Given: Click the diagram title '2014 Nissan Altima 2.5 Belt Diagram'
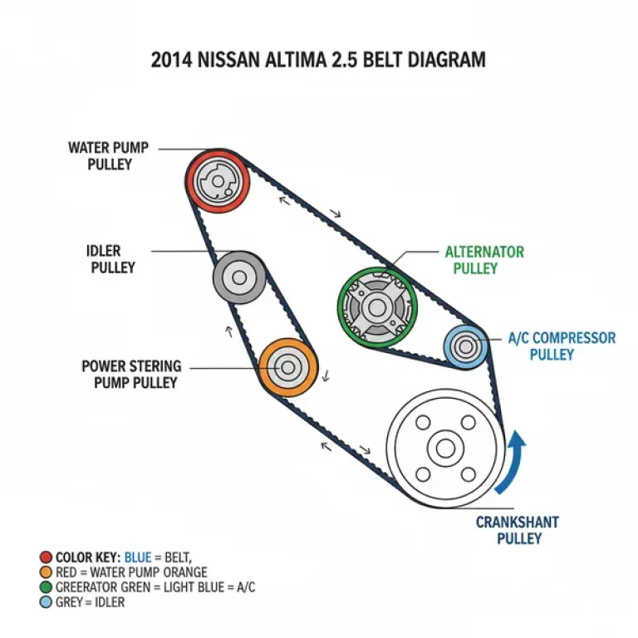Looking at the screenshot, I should [318, 61].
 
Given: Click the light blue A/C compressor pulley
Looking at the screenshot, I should [464, 346].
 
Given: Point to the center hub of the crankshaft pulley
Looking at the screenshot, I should [445, 449].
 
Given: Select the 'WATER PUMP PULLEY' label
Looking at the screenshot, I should [109, 156].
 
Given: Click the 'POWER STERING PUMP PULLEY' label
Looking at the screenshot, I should [130, 375].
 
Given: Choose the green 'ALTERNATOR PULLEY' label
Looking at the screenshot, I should [483, 260].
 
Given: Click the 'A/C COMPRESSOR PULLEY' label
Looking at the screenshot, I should [562, 346].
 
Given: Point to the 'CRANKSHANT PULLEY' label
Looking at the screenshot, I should [517, 531].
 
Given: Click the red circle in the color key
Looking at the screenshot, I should [45, 557].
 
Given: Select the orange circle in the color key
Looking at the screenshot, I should [45, 572].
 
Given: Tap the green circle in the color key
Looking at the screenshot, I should [45, 587].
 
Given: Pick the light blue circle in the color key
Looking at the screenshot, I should [45, 602].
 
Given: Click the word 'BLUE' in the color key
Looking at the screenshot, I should [138, 557].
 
